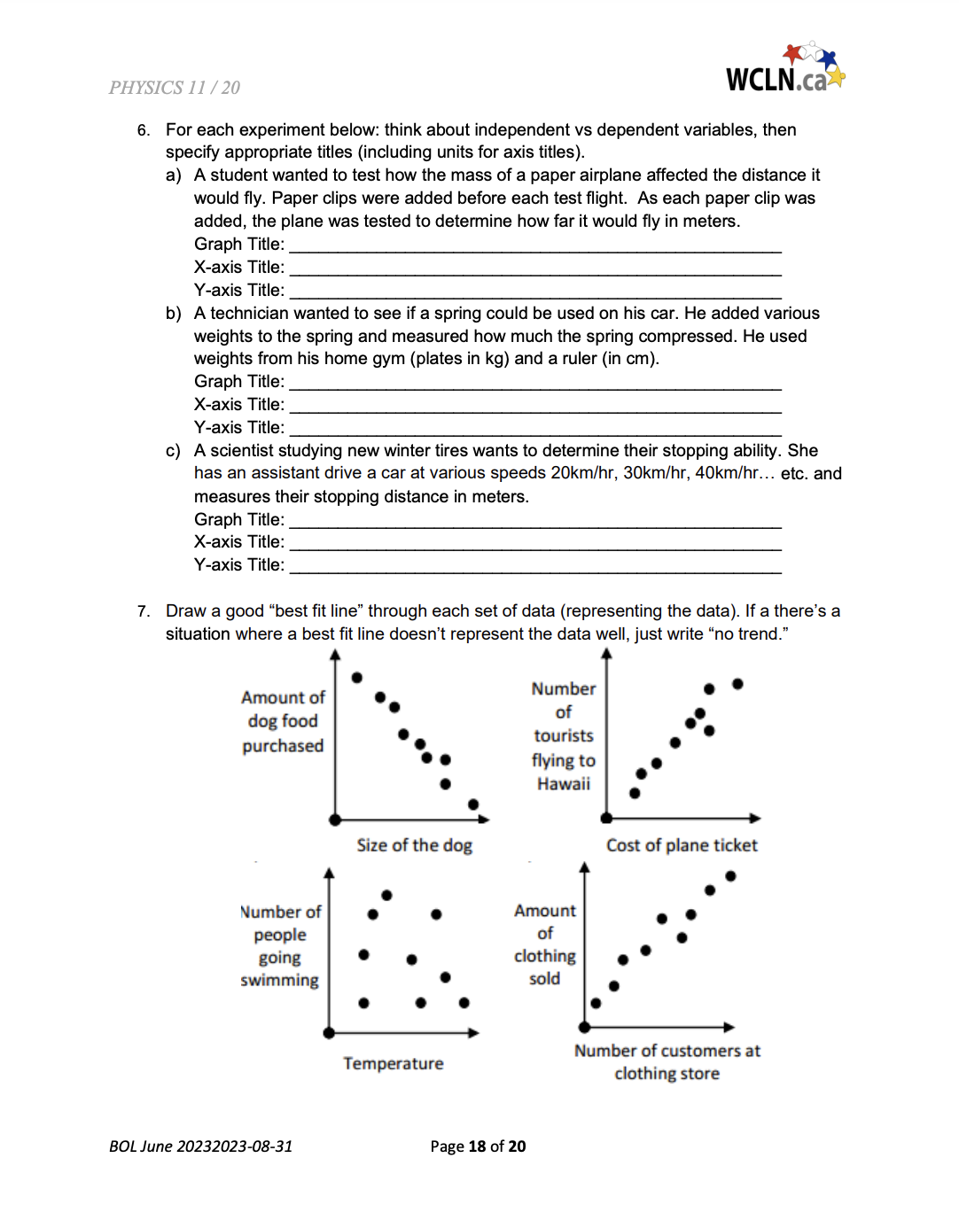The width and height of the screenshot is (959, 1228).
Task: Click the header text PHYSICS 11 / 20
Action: click(175, 88)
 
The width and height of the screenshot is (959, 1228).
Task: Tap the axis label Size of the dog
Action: click(414, 845)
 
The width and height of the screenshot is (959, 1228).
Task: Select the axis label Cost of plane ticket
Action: click(682, 845)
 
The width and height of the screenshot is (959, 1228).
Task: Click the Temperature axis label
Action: click(394, 1063)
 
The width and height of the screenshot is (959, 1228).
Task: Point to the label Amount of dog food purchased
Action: click(283, 721)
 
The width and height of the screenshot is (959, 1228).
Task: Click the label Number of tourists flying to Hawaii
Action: click(564, 735)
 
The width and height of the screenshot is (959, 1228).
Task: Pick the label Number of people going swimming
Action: click(280, 945)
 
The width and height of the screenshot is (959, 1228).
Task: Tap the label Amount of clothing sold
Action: click(545, 944)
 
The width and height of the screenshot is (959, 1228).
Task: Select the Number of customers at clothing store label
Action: click(667, 1061)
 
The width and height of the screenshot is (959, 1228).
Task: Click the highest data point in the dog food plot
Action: click(357, 678)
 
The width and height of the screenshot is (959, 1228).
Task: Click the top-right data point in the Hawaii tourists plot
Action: click(737, 684)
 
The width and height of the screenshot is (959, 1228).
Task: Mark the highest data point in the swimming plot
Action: click(386, 895)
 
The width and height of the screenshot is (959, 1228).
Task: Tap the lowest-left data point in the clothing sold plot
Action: click(596, 1003)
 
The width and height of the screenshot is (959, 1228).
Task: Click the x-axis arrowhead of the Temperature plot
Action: click(474, 1032)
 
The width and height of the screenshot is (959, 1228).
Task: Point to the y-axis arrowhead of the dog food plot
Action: click(335, 655)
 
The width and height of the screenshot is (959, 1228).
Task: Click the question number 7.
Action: click(144, 611)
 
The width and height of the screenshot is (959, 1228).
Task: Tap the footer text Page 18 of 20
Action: click(478, 1146)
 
